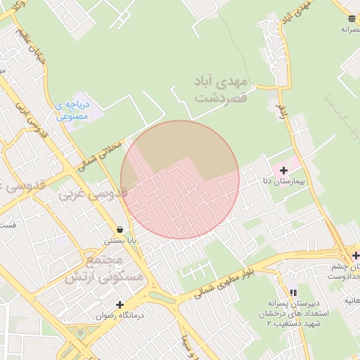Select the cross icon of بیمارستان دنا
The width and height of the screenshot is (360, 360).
point(283,171)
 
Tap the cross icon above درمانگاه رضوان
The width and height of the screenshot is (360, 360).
point(120,305)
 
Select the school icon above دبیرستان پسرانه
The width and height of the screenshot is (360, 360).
point(293,292)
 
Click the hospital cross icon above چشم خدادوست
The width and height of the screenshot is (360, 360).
point(356,255)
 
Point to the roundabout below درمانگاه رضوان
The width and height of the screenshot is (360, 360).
point(82,333)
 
